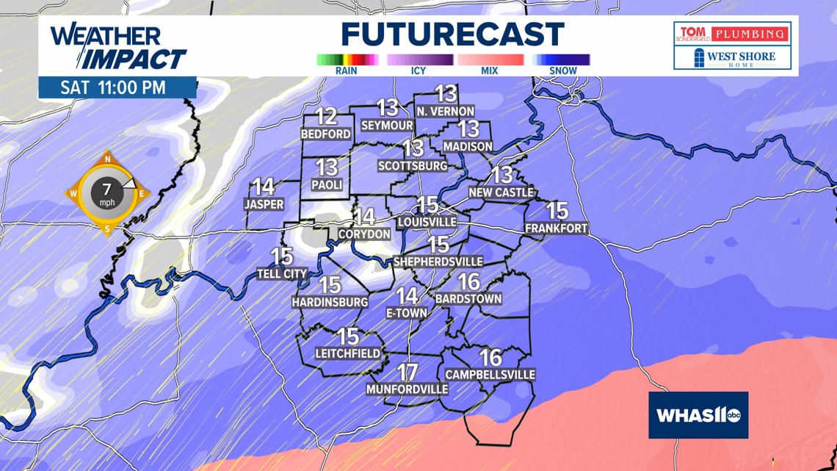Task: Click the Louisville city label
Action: pyautogui.click(x=427, y=221)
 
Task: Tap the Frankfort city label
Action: pyautogui.click(x=557, y=229)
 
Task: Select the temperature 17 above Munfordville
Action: pyautogui.click(x=407, y=373)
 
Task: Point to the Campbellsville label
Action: pyautogui.click(x=490, y=375)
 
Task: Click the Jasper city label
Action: pyautogui.click(x=264, y=204)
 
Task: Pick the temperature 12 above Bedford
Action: pyautogui.click(x=326, y=116)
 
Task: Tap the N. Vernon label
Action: pyautogui.click(x=446, y=111)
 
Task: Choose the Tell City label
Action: pyautogui.click(x=282, y=274)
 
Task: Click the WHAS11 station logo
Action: pyautogui.click(x=698, y=415)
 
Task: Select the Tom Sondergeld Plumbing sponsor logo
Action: pyautogui.click(x=732, y=34)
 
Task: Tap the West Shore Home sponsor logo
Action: pyautogui.click(x=732, y=58)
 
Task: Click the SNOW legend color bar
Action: pyautogui.click(x=562, y=60)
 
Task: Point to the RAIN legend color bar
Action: pyautogui.click(x=347, y=60)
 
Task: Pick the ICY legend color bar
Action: pyautogui.click(x=419, y=60)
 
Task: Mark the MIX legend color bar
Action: pyautogui.click(x=490, y=60)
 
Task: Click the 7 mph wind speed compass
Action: pyautogui.click(x=107, y=193)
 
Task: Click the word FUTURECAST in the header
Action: pyautogui.click(x=452, y=35)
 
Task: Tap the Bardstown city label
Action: pyautogui.click(x=468, y=299)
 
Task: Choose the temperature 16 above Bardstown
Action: pyautogui.click(x=469, y=281)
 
